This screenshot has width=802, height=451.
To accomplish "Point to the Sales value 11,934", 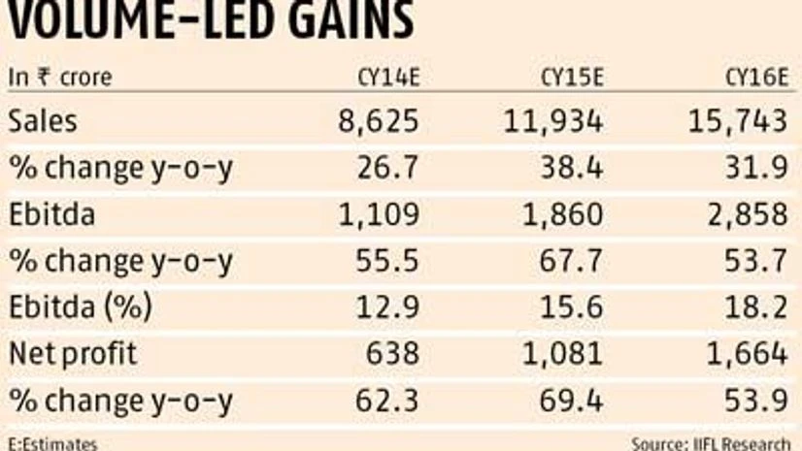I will (553, 121).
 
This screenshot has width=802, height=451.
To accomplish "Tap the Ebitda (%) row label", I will (81, 307).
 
